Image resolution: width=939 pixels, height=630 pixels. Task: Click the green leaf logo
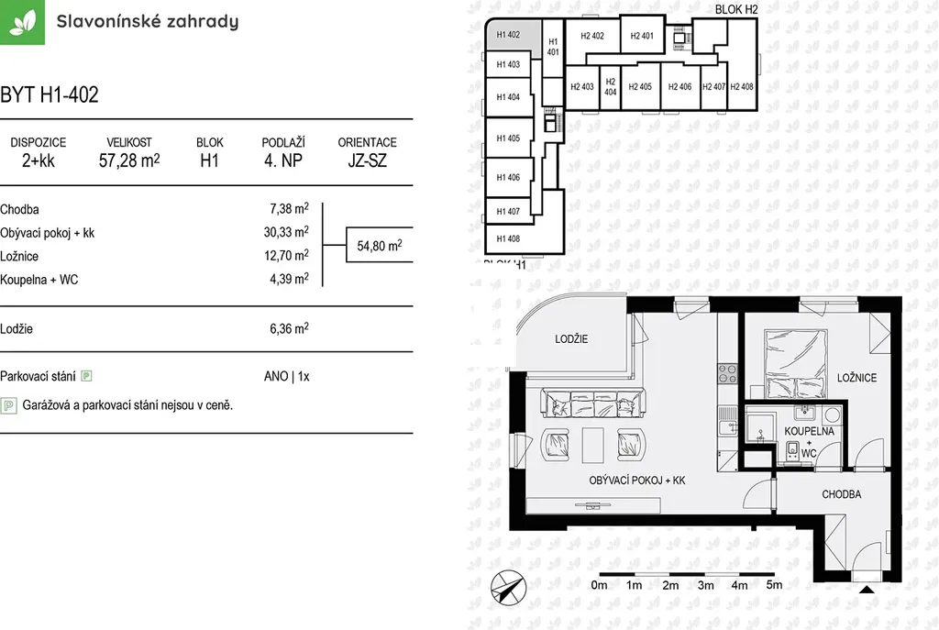[22, 22]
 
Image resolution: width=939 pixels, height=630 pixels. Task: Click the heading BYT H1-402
[50, 94]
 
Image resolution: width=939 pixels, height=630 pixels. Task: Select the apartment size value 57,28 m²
[129, 160]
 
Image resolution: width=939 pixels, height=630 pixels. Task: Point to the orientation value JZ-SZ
[367, 160]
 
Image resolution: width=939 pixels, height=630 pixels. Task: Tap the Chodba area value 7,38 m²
[289, 208]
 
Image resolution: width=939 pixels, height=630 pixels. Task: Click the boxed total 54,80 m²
[380, 245]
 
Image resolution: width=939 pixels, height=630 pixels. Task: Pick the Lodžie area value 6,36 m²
[289, 328]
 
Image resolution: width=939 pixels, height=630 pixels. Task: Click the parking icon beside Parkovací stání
[86, 376]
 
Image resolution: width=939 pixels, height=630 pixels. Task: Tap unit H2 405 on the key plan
[640, 87]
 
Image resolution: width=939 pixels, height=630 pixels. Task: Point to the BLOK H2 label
[736, 9]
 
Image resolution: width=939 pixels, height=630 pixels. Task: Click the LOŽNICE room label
[856, 378]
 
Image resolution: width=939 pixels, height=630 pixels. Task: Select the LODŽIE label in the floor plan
[571, 339]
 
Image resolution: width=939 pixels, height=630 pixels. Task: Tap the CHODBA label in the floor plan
[842, 494]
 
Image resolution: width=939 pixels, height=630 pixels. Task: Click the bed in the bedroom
[795, 363]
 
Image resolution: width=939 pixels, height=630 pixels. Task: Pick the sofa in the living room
[593, 403]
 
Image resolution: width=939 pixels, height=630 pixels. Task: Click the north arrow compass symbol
[508, 588]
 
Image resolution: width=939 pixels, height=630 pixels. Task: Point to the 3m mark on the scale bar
[705, 585]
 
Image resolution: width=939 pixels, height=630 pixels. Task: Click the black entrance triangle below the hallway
[867, 590]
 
